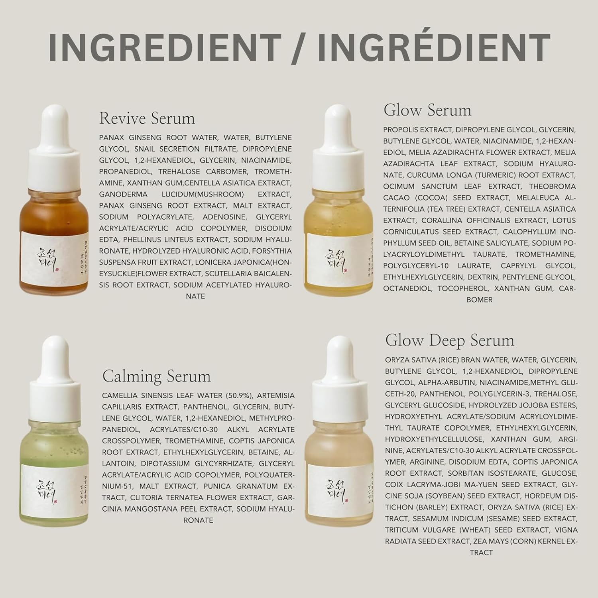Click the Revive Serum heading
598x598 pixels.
tap(147, 118)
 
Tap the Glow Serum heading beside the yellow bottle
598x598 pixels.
tap(427, 110)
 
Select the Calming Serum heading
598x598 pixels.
tap(156, 376)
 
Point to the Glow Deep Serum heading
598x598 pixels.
tap(450, 340)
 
